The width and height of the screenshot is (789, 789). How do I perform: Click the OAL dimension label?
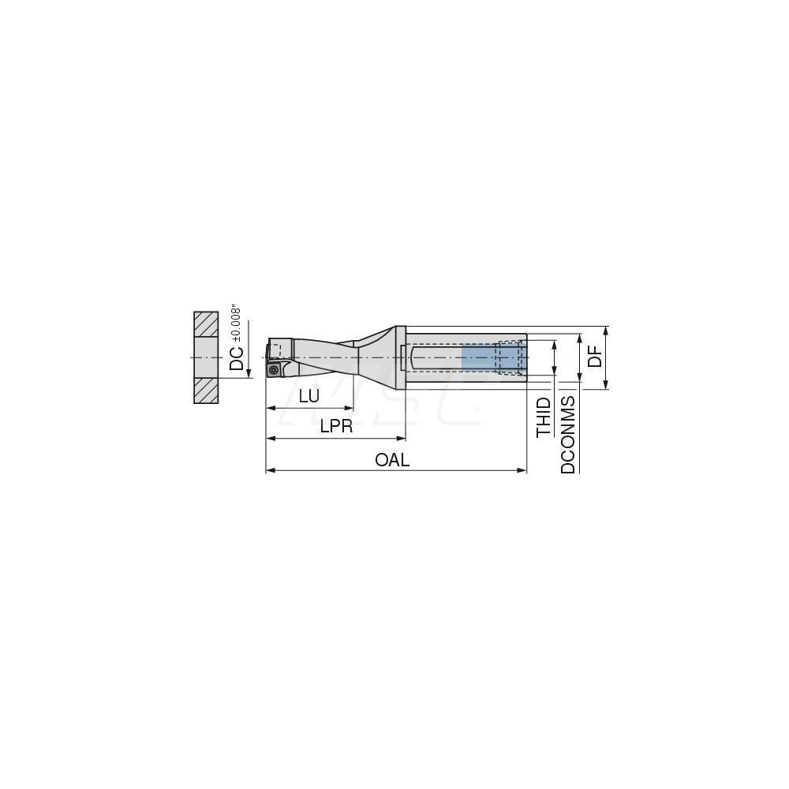click(x=392, y=460)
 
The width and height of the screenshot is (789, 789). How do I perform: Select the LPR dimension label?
click(x=336, y=427)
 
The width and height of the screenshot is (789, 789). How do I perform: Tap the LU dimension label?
click(x=309, y=396)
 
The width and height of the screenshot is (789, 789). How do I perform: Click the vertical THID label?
click(x=544, y=417)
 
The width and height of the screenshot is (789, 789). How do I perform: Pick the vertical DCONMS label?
click(x=568, y=435)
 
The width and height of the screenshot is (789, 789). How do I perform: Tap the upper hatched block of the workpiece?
click(x=206, y=323)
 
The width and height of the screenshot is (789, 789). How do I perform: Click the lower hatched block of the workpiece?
click(x=206, y=390)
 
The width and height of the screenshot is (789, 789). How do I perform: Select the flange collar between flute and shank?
click(x=401, y=357)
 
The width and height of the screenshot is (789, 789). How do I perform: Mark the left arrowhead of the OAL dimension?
click(x=270, y=470)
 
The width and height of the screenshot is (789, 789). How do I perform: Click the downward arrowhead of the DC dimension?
click(x=249, y=374)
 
